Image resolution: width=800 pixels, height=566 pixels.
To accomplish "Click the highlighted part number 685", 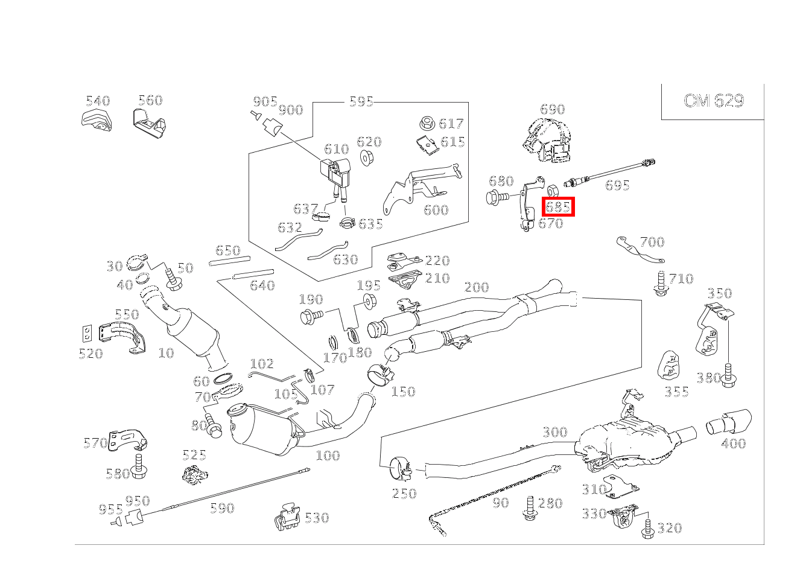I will pos(558,207).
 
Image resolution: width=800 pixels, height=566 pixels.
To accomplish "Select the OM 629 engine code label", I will pos(713,100).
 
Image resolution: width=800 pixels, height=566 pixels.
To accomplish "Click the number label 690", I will pos(552,109).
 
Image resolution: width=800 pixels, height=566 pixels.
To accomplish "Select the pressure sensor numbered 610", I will pos(336,171).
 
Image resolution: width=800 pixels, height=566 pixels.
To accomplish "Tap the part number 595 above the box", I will pos(361,101).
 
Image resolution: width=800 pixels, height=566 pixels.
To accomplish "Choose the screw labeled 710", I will pos(661,284).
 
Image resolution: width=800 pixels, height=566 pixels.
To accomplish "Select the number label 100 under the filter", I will pos(328,456).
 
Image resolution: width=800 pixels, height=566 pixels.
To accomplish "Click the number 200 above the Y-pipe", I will pos(476,287).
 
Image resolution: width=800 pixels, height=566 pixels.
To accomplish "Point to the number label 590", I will pos(221,508).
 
